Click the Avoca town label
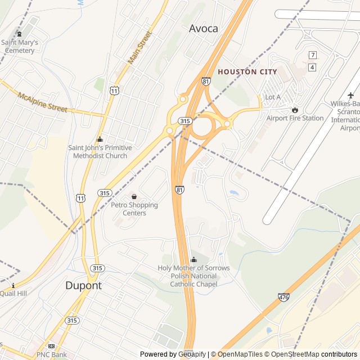(x=203, y=29)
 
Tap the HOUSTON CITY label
(x=247, y=72)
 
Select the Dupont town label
(x=83, y=285)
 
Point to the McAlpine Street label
(x=42, y=102)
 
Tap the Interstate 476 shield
(x=283, y=297)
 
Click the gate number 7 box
(x=313, y=55)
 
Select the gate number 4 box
(x=313, y=67)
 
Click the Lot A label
(x=272, y=97)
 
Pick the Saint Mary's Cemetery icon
(x=20, y=34)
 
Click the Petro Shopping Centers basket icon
(x=134, y=196)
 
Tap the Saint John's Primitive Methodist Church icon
(x=100, y=139)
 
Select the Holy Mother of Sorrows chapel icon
(x=194, y=259)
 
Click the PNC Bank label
(x=51, y=354)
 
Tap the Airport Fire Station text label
(x=295, y=118)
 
